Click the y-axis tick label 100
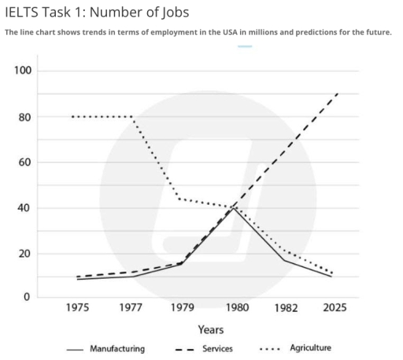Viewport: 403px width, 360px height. (x=23, y=72)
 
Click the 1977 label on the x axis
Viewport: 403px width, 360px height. (x=131, y=307)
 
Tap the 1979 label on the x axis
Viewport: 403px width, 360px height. (x=183, y=307)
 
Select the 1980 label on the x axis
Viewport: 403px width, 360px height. (x=235, y=307)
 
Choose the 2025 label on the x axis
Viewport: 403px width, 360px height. (x=339, y=307)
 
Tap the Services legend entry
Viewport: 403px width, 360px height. (x=216, y=348)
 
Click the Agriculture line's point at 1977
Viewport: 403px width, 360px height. (x=131, y=117)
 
